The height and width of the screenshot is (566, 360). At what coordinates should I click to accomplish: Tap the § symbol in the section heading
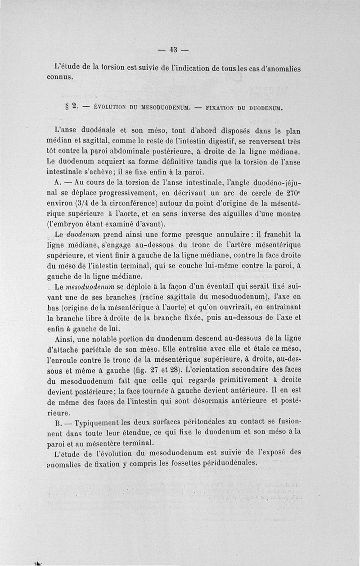point(67,108)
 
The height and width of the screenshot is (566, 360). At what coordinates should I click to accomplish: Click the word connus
point(60,77)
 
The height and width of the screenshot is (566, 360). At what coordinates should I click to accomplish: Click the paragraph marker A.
point(57,184)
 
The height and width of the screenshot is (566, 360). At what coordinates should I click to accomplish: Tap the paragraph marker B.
point(57,424)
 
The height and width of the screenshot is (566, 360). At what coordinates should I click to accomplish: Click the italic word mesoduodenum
point(90,286)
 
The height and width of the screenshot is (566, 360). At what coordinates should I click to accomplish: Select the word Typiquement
point(97,424)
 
